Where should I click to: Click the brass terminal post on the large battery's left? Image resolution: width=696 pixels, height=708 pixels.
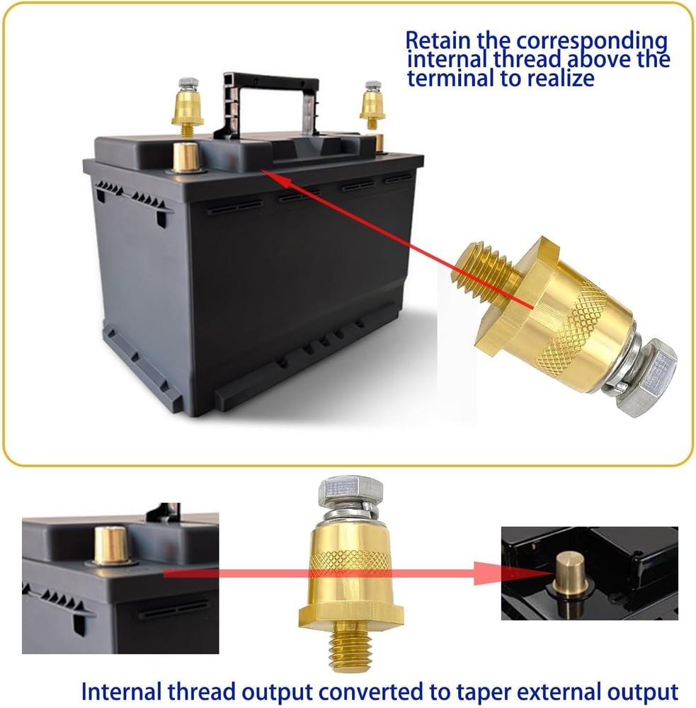pyautogui.click(x=186, y=156)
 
